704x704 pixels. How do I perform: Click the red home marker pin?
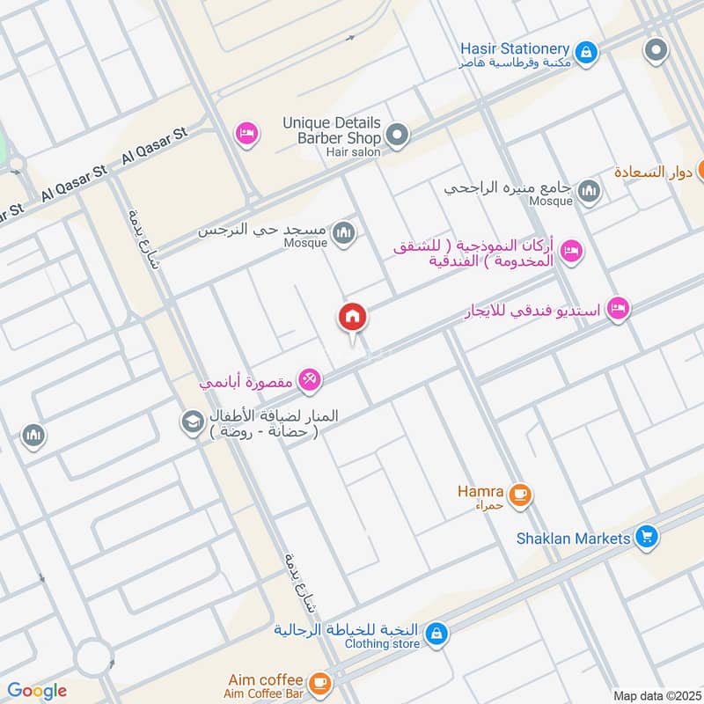pos(353,318)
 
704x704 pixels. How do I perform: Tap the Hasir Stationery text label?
pos(515,48)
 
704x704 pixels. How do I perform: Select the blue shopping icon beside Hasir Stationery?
pos(587,52)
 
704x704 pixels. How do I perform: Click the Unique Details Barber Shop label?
pos(332,130)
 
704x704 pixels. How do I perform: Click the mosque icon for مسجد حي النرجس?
pos(345,232)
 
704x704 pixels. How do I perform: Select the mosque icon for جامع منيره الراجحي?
pos(589,191)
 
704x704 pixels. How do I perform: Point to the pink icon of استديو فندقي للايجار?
pos(619,308)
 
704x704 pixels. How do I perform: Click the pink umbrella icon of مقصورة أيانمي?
pos(308,379)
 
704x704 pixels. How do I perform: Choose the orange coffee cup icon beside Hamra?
pos(520,495)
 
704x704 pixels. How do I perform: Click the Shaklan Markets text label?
pos(574,538)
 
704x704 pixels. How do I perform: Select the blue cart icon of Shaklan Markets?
pos(647,536)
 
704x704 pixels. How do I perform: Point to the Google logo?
pos(36,691)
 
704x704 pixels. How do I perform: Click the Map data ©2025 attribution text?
pos(656,695)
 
